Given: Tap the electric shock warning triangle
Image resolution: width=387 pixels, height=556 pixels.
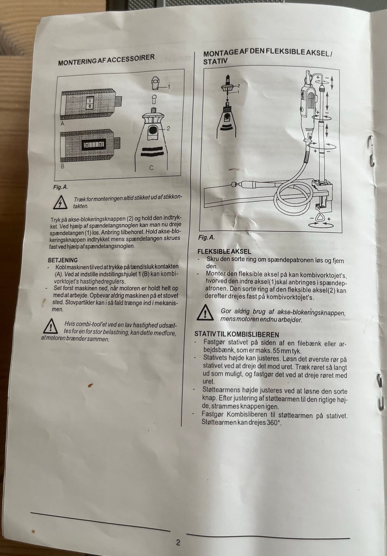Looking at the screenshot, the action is (60, 202).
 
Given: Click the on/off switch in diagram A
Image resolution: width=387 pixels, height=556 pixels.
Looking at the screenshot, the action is (90, 103).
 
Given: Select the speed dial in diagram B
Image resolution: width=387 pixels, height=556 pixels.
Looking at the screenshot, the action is (94, 144).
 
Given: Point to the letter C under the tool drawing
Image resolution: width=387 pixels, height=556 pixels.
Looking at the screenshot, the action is (151, 168).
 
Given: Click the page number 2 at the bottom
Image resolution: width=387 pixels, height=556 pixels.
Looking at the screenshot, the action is (178, 542).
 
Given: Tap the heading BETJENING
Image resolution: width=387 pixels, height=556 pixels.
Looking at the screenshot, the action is (63, 260).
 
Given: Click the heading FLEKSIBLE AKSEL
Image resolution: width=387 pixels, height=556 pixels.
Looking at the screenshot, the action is (224, 252).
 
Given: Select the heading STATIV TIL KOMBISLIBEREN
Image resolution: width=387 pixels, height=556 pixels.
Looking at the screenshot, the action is (237, 334).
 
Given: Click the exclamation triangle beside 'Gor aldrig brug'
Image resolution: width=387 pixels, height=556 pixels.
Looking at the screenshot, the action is (205, 312).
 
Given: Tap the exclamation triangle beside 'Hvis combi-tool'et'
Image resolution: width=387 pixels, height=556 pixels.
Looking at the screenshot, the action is (51, 326).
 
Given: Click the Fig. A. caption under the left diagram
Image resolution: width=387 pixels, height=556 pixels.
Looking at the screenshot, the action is (60, 187).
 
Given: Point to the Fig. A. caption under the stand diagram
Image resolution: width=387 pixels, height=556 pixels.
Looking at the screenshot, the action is (206, 237).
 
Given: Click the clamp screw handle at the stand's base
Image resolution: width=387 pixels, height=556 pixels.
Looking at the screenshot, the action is (321, 217).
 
